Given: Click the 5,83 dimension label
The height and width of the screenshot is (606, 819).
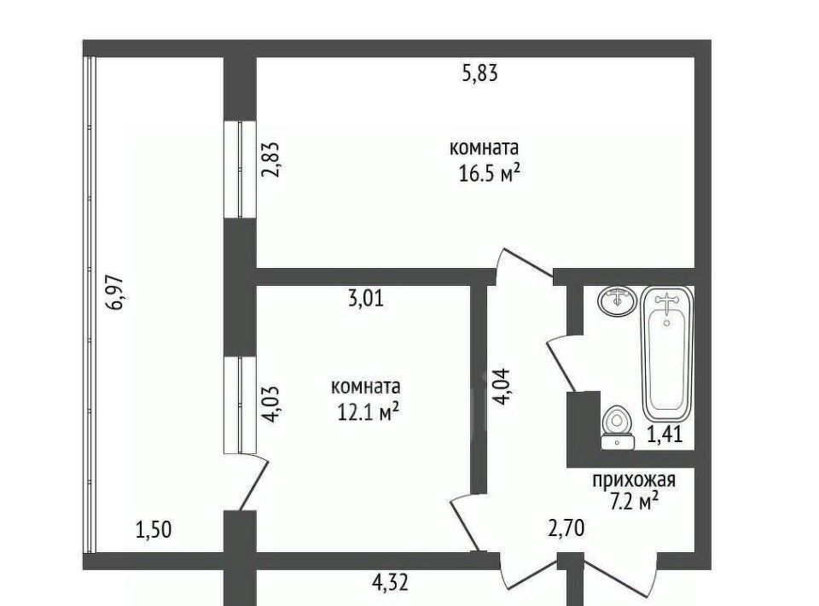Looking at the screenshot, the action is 480,73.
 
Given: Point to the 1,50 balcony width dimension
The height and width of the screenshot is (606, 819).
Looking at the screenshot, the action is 154,530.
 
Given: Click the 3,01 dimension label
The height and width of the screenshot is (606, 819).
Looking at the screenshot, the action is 366,298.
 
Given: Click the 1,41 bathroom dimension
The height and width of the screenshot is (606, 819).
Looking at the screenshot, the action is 665,434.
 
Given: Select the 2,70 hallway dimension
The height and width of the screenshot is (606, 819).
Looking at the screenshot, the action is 566,528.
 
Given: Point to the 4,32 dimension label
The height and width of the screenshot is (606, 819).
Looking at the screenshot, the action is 390,582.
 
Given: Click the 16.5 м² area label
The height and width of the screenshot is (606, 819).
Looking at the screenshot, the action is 490,173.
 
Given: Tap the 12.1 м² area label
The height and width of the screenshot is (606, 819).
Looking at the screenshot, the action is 369,412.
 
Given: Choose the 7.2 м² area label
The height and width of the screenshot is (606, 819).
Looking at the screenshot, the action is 634,502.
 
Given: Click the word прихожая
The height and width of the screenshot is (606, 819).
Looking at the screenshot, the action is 634,480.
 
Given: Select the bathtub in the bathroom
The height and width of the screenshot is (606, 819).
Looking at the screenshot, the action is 667,353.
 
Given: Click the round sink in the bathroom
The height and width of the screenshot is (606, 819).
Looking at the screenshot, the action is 618,300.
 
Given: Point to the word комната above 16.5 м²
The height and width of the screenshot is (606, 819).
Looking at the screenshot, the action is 485,148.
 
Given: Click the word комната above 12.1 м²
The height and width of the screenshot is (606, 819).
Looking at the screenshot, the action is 366,387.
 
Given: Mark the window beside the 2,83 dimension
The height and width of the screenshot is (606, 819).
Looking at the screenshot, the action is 241,169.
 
